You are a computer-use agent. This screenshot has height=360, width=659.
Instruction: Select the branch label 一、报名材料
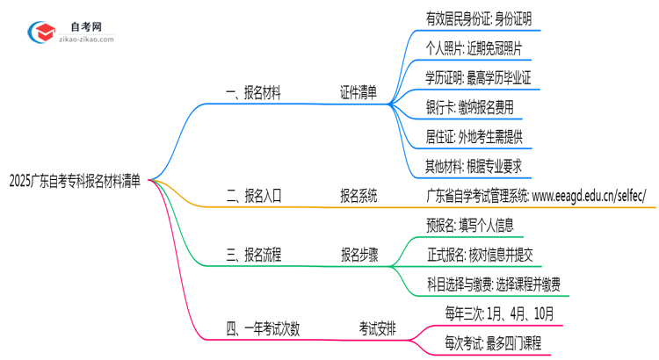click(254, 93)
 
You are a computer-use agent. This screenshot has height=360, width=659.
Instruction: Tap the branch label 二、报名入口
click(254, 197)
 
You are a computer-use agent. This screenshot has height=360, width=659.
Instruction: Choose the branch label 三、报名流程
click(254, 255)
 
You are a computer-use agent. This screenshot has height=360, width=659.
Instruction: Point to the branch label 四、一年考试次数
click(263, 329)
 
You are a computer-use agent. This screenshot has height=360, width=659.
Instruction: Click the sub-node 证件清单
click(358, 93)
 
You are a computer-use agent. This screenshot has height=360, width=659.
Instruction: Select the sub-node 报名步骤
click(360, 255)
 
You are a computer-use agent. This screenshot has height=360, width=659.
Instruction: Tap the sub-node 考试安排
click(377, 329)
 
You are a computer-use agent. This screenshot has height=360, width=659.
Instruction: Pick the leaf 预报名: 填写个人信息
click(465, 225)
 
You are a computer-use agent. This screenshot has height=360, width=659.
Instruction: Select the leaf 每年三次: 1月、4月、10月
click(498, 314)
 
